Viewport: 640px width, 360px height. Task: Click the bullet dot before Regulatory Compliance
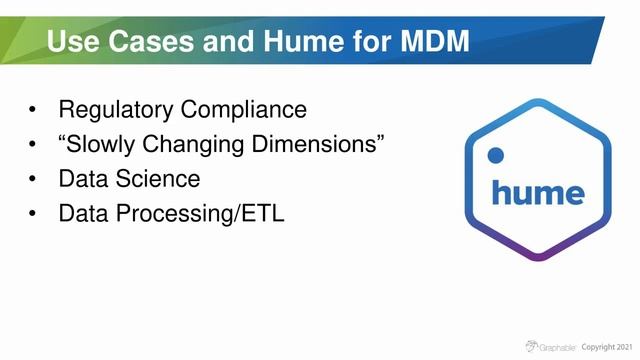pos(35,109)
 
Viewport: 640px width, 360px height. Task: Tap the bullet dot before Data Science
pos(35,180)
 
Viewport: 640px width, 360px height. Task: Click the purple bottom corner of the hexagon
pos(538,256)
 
